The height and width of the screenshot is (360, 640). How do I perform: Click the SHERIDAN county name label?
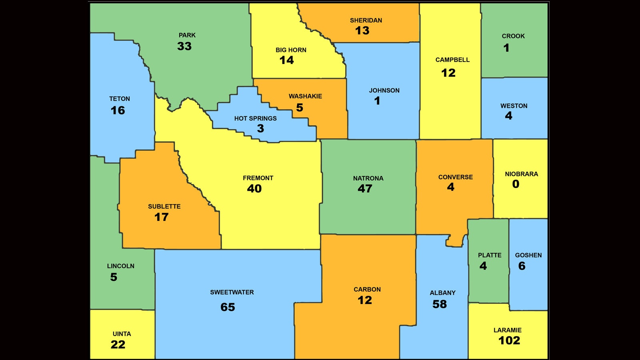click(x=366, y=20)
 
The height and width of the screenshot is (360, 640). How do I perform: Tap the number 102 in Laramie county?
click(x=509, y=340)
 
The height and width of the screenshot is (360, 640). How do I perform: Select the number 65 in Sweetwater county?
click(x=228, y=307)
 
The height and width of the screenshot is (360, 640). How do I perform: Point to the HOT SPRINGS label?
click(x=255, y=118)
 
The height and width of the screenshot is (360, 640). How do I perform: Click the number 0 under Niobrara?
click(x=516, y=184)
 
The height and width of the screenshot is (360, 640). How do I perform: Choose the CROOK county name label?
click(x=513, y=36)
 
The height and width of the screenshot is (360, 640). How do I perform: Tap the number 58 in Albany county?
click(x=439, y=304)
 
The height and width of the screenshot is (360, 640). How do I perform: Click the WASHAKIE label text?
click(x=305, y=96)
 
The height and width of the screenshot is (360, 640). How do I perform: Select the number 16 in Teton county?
click(x=118, y=110)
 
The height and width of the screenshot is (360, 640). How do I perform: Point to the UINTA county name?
click(x=122, y=334)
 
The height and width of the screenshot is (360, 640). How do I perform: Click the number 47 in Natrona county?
click(x=365, y=188)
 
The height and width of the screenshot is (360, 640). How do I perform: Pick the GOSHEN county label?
click(x=528, y=255)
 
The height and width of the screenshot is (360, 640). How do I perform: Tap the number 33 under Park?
click(x=184, y=46)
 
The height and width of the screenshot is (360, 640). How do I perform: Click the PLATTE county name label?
click(x=489, y=255)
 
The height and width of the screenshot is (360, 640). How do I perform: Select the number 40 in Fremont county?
click(x=254, y=188)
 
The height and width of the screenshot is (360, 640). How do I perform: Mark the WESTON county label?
click(x=514, y=106)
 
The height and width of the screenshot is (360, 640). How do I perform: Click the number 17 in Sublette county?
click(x=161, y=217)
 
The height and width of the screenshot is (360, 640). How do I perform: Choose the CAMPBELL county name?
click(x=452, y=60)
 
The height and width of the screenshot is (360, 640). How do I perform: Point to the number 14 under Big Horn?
click(x=286, y=60)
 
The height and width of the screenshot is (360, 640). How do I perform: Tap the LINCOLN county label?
click(x=120, y=266)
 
